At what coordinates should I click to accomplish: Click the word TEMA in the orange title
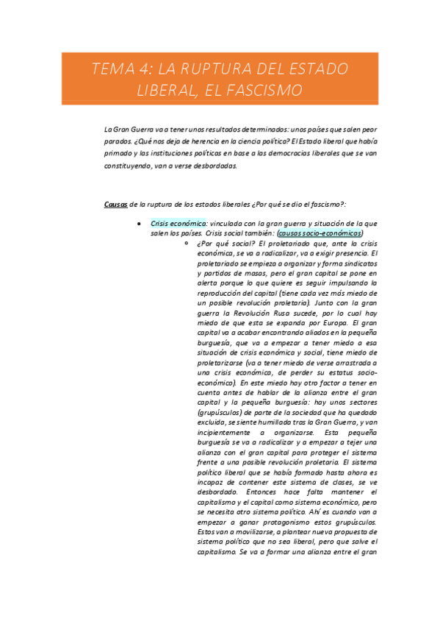tap(114, 70)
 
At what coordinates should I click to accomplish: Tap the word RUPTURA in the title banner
tap(217, 70)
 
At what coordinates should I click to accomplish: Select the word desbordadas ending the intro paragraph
tap(212, 166)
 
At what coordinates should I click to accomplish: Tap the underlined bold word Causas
tap(116, 204)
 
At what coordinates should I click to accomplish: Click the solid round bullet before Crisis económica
tap(140, 222)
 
